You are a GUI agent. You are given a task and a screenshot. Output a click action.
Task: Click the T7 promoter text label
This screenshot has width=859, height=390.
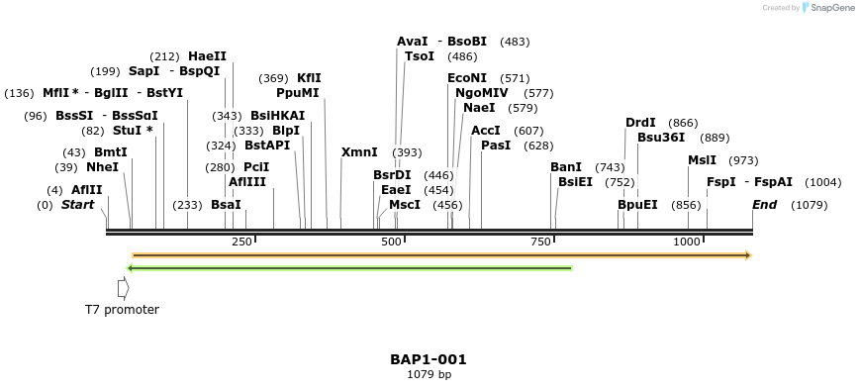point(122,310)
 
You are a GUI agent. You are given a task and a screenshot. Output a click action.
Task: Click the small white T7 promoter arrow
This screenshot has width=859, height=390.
point(123,288)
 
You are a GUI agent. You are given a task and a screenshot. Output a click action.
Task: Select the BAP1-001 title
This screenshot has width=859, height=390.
point(429,359)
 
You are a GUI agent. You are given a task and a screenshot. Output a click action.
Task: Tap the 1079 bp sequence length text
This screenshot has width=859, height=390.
point(429,374)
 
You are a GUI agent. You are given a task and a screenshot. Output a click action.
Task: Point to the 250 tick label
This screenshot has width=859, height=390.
point(242,243)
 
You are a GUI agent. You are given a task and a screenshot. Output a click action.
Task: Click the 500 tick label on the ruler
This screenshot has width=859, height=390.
point(391,243)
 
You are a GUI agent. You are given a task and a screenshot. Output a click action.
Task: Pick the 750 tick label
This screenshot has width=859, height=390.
point(540,243)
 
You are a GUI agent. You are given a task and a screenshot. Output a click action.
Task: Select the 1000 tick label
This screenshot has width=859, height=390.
point(687,243)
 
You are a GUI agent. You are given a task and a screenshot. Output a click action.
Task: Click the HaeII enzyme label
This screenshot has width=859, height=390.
point(207,56)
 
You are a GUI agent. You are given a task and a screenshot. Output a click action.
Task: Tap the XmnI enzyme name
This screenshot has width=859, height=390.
point(359,152)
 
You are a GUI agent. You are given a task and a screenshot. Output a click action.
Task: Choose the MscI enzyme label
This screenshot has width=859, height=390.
point(405,205)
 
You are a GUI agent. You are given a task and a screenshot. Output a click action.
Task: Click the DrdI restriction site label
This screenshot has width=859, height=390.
point(640,123)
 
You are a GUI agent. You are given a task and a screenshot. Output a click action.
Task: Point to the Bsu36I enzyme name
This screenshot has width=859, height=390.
point(661,138)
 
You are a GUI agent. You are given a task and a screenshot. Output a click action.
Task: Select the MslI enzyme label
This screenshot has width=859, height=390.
point(702,160)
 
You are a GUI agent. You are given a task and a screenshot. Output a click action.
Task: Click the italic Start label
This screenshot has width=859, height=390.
point(78,205)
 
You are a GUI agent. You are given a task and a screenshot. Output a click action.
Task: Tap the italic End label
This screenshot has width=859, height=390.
point(764,205)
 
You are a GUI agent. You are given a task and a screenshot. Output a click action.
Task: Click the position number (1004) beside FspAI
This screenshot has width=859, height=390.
point(823,182)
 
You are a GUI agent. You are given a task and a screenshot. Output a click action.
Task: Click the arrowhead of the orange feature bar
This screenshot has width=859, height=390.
point(748,255)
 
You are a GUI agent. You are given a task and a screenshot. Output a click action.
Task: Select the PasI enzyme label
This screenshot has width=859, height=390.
point(496,146)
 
